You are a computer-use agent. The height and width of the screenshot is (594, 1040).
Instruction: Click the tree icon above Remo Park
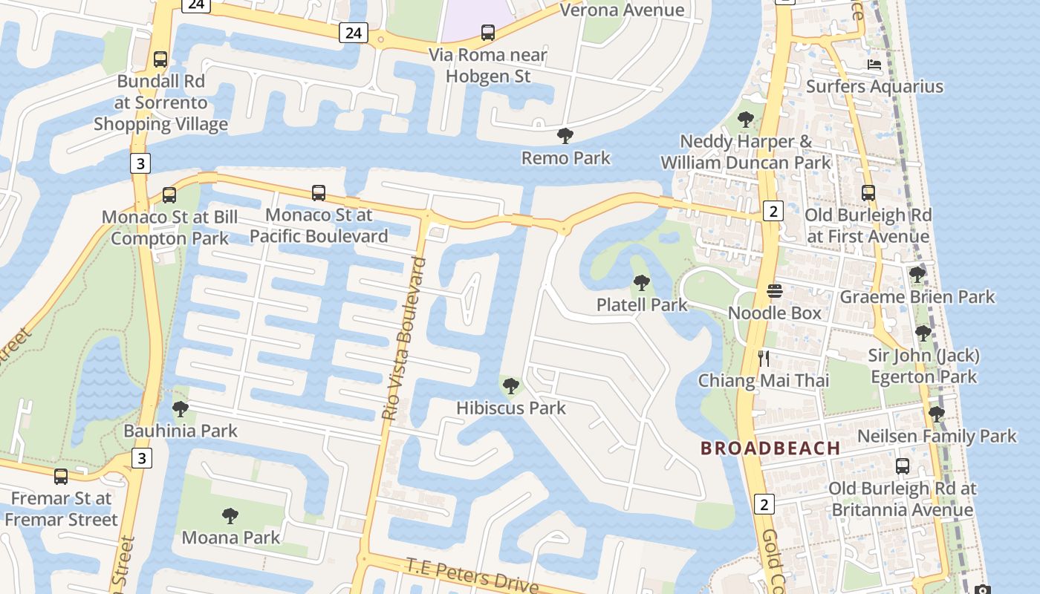click(x=565, y=136)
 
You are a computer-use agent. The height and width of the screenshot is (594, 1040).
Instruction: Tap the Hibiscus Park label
click(x=510, y=408)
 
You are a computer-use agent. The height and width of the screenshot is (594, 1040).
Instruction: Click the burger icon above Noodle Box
click(x=775, y=291)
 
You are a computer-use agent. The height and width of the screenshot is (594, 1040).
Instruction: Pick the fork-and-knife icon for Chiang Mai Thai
click(x=763, y=359)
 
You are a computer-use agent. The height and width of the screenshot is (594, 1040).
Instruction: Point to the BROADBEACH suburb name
click(x=770, y=448)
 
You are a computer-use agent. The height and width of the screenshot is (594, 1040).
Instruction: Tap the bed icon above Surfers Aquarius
click(x=874, y=65)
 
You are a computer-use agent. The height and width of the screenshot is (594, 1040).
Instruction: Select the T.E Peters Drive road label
click(x=472, y=575)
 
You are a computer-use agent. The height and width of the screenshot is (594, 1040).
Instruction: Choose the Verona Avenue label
click(x=622, y=10)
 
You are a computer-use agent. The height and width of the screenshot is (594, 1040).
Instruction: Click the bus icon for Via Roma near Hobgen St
click(x=488, y=33)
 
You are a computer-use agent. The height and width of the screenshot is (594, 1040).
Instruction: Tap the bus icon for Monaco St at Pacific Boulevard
click(x=319, y=193)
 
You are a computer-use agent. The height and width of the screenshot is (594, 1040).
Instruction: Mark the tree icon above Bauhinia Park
click(x=180, y=409)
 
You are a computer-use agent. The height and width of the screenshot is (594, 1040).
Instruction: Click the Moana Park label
click(x=230, y=538)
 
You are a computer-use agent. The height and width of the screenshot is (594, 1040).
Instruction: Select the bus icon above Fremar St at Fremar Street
click(x=61, y=477)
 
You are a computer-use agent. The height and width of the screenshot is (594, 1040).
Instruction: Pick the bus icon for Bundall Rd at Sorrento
click(x=160, y=59)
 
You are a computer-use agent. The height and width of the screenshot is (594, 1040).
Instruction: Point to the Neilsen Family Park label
click(x=937, y=436)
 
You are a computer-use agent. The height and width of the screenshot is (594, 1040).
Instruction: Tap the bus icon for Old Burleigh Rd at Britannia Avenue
click(x=903, y=466)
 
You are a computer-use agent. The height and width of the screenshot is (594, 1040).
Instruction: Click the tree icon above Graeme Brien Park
click(x=917, y=275)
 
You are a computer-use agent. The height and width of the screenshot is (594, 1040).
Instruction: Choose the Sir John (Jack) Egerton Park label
click(x=923, y=366)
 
